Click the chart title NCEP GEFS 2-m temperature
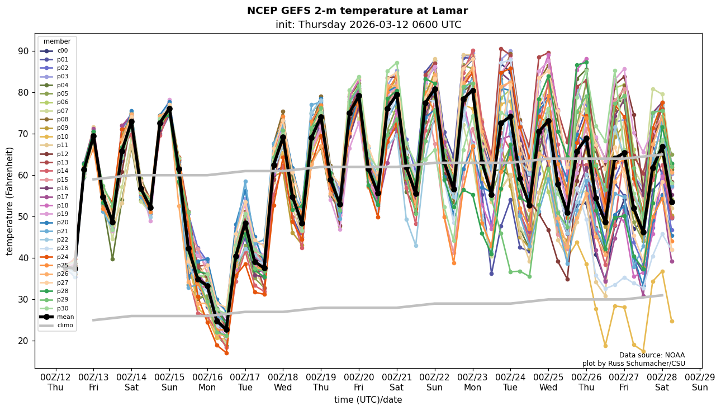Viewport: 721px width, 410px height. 357,11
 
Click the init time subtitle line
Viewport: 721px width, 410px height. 368,25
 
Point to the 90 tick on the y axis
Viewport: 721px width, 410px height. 24,51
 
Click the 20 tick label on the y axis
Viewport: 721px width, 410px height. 24,341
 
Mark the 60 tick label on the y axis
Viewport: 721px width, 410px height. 24,175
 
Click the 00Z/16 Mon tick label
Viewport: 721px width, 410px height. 207,382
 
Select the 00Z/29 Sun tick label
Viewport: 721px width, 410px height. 700,382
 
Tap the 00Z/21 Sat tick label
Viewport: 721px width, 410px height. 397,382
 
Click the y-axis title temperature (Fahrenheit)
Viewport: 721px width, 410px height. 10,201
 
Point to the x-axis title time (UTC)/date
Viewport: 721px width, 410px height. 368,399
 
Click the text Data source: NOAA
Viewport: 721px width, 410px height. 652,355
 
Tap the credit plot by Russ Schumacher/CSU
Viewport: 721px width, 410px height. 633,364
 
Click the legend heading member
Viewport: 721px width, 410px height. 57,41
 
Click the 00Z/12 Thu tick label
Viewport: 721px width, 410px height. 55,382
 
